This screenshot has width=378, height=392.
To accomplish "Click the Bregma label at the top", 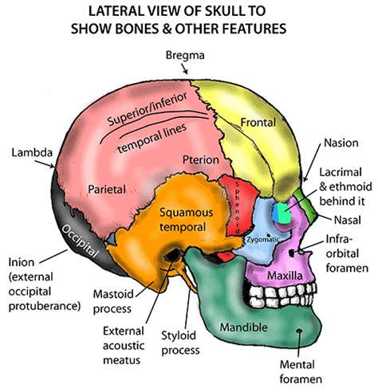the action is click(185, 56).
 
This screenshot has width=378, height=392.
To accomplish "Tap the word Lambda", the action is click(32, 153).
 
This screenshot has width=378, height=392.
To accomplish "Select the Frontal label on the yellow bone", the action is click(258, 123).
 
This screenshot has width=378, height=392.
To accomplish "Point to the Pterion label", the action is click(201, 160).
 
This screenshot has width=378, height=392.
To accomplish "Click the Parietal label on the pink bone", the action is click(107, 190).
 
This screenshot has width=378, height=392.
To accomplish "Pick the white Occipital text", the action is click(80, 241).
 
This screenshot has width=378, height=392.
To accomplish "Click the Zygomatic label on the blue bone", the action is click(263, 240).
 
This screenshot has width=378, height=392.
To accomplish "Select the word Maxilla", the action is click(285, 276).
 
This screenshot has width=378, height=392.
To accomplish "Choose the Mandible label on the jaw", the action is click(243, 327).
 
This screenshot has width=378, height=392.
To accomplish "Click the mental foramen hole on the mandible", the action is click(299, 331).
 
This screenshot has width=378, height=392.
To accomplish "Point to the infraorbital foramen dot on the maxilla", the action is click(293, 253).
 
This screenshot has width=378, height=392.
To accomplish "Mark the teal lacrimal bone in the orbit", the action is click(282, 214).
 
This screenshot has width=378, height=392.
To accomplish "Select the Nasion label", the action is click(341, 143).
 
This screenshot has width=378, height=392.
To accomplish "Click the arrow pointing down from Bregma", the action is click(185, 69).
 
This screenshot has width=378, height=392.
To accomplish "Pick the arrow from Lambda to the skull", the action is click(45, 164).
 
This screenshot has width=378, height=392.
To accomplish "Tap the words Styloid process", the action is click(180, 343).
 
